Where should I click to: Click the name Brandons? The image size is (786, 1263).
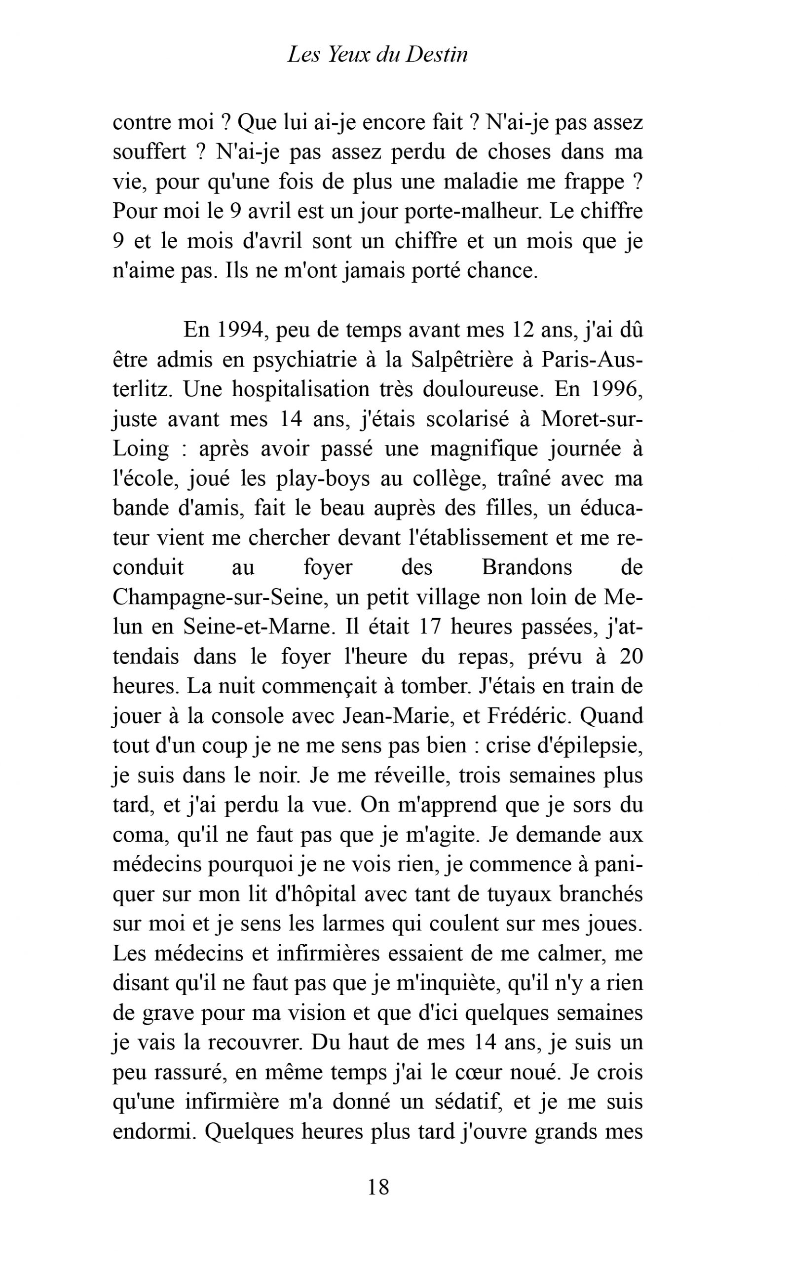point(526,567)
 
